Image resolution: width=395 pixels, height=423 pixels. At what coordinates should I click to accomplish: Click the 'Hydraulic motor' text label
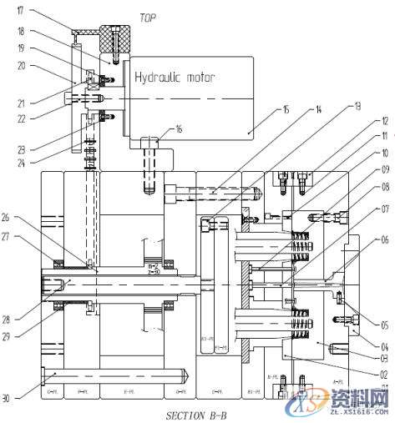(175, 77)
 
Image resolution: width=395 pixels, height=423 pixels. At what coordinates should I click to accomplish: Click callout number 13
(358, 106)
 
